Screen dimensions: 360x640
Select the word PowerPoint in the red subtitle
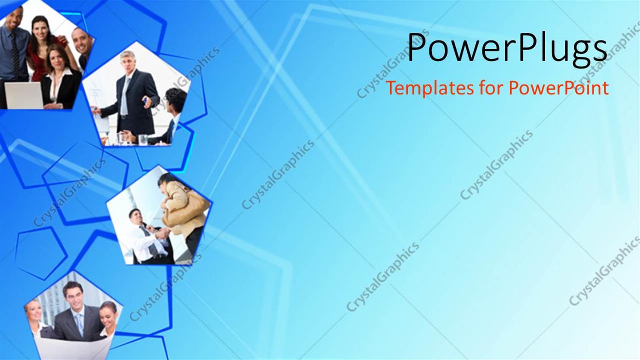click(x=559, y=88)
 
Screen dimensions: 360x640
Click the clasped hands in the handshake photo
click(x=163, y=234)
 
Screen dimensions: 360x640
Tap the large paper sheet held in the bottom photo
click(x=72, y=347)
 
